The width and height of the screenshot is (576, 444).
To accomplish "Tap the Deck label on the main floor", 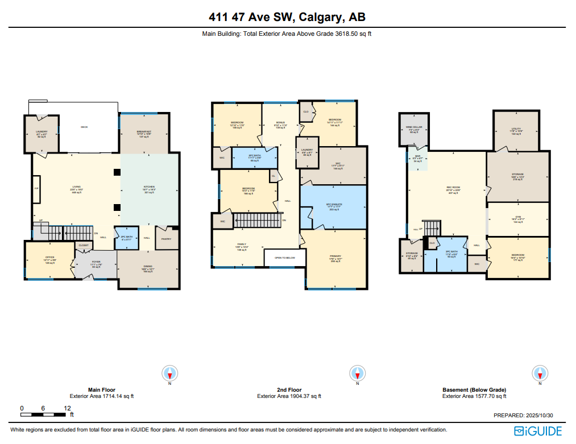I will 84,127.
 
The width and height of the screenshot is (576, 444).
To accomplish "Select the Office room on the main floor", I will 49,260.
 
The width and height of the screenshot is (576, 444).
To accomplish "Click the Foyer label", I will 96,264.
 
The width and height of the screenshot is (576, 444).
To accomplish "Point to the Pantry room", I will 166,239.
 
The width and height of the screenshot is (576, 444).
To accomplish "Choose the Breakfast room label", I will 143,134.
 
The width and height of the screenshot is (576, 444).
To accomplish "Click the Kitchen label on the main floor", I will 149,190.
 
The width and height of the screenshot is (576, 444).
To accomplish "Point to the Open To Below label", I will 284,258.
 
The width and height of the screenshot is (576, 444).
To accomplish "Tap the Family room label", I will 242,247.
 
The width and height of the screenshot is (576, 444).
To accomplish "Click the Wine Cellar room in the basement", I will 414,129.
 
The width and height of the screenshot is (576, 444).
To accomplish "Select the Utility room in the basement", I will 516,131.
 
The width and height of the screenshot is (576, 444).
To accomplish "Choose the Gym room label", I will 518,219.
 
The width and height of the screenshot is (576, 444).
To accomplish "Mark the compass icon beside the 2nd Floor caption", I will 357,374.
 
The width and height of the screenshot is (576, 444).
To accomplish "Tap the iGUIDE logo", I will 538,431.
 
